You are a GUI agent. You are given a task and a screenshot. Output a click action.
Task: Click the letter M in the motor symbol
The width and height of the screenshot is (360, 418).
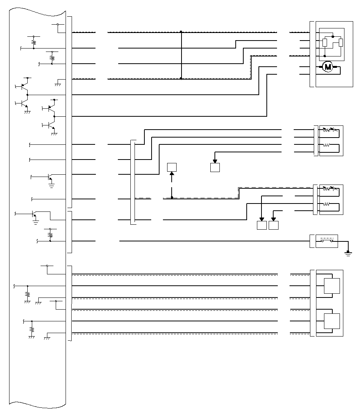(328, 67)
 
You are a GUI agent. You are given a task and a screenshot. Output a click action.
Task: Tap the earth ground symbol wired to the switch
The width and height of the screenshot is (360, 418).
(348, 253)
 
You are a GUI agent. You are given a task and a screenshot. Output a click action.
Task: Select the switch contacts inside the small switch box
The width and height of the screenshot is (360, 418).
(327, 241)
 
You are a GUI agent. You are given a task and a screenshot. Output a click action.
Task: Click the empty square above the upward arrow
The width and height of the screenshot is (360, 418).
(172, 167)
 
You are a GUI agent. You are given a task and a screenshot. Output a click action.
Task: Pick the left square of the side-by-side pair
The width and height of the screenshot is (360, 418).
(262, 225)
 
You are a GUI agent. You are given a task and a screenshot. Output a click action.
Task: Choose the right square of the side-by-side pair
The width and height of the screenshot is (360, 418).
(274, 225)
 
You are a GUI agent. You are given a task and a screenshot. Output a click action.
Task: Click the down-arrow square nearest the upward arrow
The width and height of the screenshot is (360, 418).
(215, 167)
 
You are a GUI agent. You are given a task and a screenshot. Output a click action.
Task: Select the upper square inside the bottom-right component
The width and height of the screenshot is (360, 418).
(332, 286)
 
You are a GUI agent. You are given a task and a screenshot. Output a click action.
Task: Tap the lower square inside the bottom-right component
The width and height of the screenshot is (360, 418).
(332, 321)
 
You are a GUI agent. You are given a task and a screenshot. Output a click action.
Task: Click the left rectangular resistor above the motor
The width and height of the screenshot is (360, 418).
(325, 42)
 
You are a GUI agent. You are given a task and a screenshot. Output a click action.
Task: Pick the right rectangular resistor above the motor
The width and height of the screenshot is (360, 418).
(341, 42)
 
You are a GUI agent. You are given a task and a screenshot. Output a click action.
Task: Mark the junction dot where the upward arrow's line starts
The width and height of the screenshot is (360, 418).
(172, 197)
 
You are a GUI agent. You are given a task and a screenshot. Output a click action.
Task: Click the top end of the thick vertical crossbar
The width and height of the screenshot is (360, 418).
(182, 32)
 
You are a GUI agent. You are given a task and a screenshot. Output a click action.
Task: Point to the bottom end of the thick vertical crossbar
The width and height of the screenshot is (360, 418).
(182, 78)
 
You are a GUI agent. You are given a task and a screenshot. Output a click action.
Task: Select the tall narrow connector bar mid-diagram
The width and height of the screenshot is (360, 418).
(133, 182)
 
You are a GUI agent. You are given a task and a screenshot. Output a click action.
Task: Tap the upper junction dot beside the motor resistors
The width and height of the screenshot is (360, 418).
(333, 37)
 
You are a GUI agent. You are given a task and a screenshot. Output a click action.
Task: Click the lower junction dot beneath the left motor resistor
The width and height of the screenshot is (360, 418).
(325, 56)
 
